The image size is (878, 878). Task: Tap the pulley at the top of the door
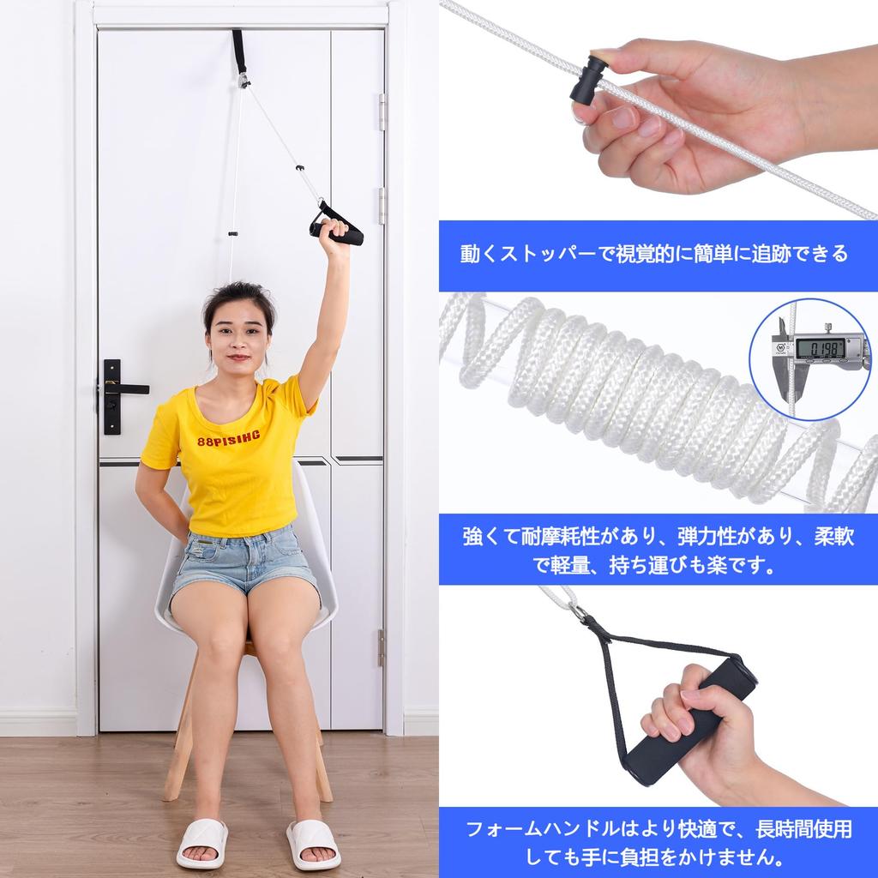coord(244,80)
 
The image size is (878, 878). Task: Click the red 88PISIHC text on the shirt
coord(233,442)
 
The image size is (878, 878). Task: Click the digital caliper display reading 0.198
coord(819,347)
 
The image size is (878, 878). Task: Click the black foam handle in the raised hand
coord(341,232)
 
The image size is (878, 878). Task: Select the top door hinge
coord(382,111)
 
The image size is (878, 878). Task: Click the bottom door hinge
coord(381,647)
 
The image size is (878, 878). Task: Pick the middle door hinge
coord(382,206)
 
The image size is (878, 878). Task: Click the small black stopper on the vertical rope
coord(232,234)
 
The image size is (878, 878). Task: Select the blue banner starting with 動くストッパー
coord(658,255)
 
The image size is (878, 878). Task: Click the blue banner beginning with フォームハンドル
coord(658,842)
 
